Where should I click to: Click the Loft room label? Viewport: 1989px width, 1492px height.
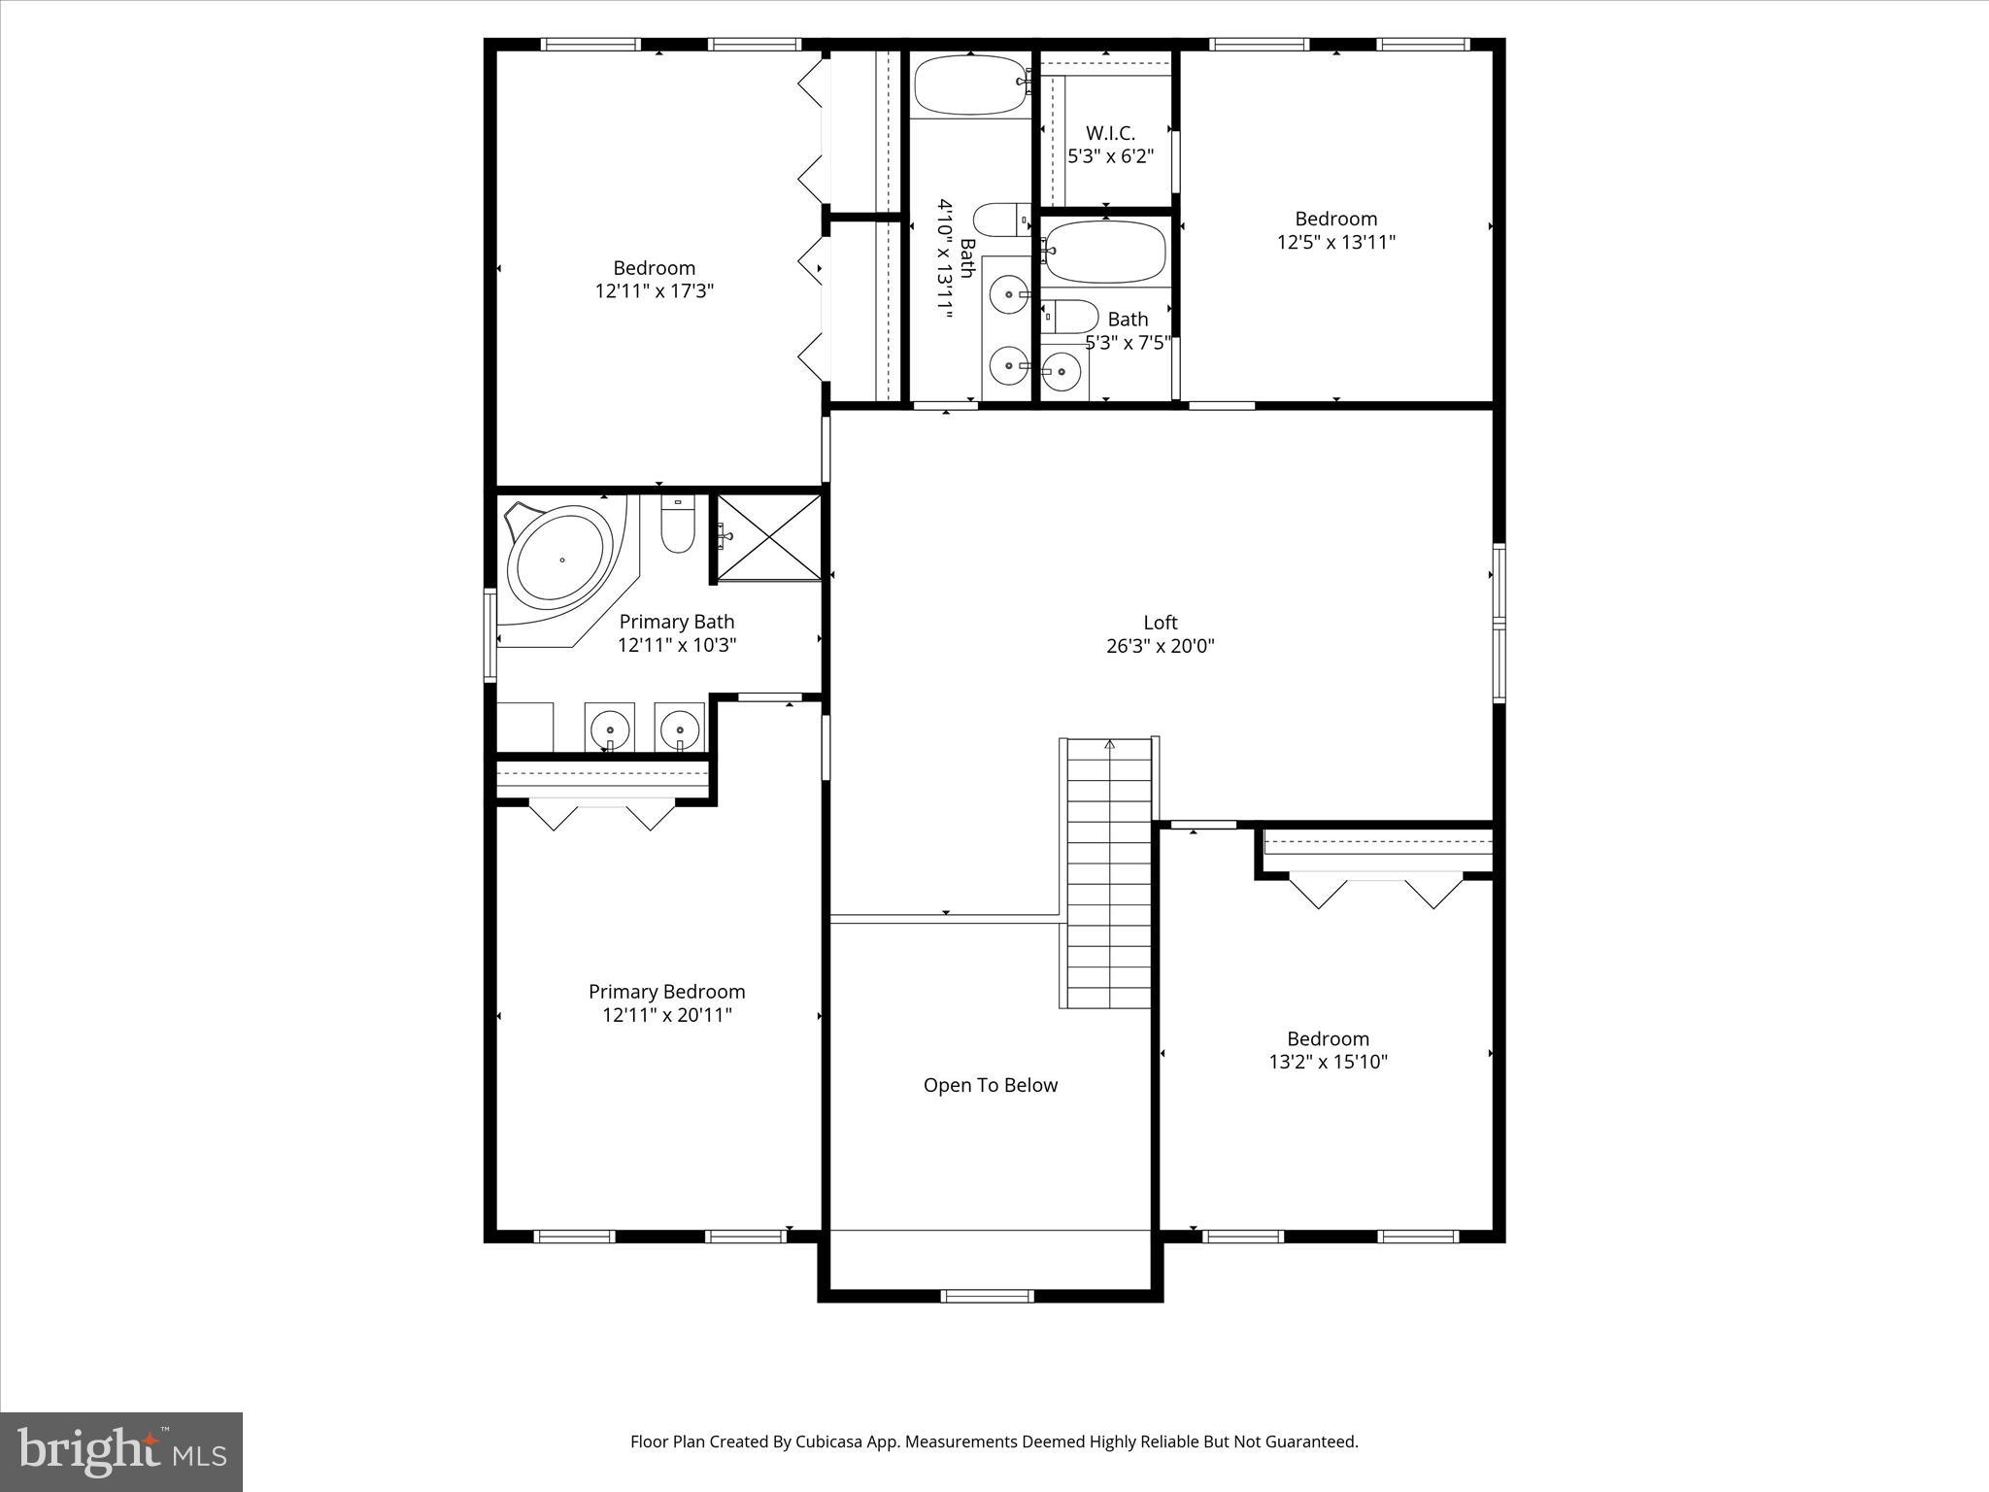pos(1160,623)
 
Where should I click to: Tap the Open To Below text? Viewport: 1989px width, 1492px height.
pos(990,1085)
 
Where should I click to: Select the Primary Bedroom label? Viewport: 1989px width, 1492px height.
pos(666,992)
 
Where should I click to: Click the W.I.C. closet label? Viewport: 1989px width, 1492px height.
pos(1110,133)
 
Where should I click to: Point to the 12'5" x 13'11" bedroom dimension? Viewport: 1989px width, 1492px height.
pos(1335,242)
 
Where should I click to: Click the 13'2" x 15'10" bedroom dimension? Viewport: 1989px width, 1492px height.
pos(1328,1062)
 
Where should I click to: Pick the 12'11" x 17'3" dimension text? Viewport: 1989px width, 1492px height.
pos(654,290)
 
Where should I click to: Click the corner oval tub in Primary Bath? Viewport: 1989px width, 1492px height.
pos(562,560)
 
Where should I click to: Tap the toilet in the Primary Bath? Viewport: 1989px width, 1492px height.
pos(678,526)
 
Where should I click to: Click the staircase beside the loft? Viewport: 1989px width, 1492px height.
pos(1109,874)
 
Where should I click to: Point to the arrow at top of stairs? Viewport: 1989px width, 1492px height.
pos(1109,745)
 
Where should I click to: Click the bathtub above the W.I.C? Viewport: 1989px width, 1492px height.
pos(969,85)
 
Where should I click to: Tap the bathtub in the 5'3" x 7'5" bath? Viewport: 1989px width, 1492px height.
pos(1105,252)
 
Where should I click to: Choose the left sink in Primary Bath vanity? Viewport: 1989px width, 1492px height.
pos(610,728)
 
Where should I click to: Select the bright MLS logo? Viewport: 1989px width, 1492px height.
pos(121,1451)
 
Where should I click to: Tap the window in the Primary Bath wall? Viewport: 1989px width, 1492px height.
pos(490,635)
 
